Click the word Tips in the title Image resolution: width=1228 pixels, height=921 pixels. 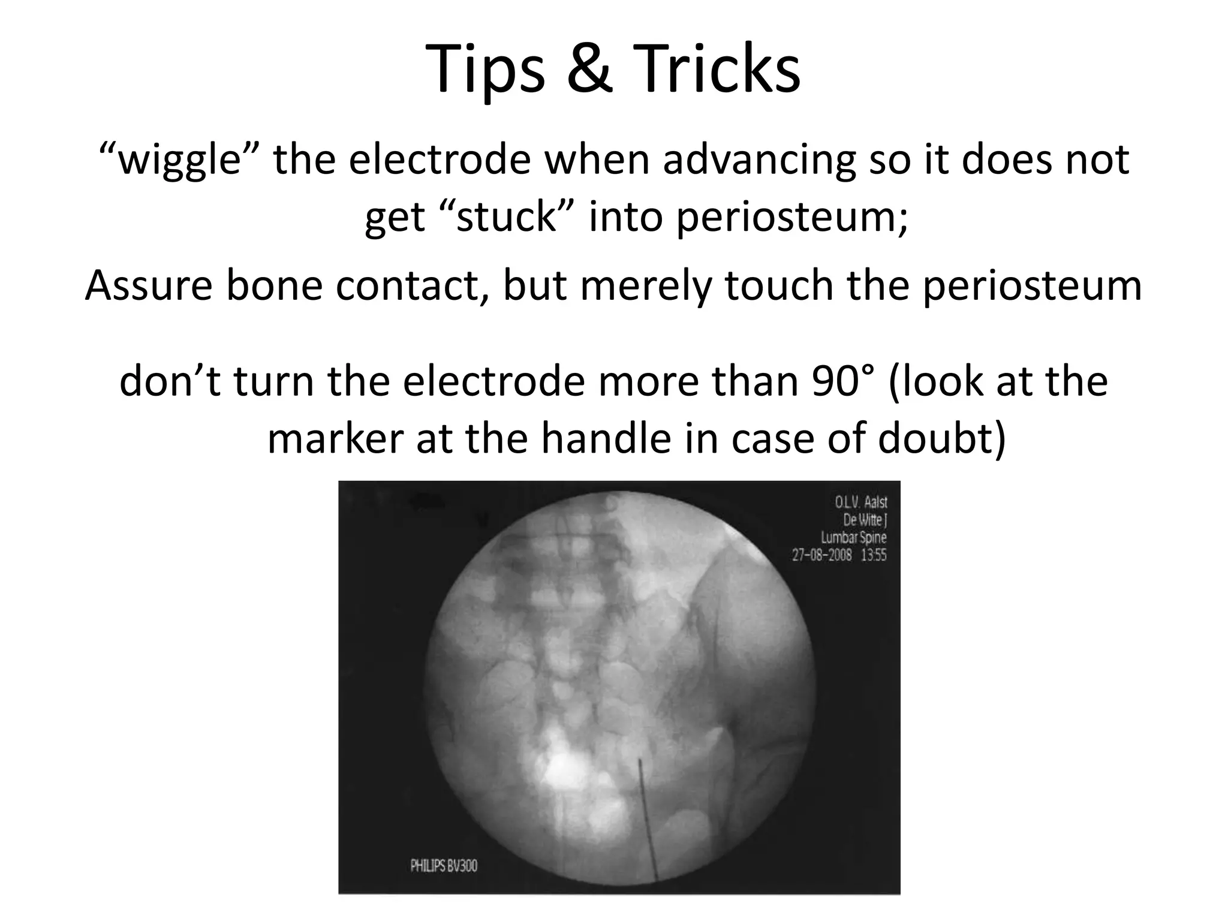pos(485,70)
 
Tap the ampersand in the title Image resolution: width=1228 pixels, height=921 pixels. pos(590,70)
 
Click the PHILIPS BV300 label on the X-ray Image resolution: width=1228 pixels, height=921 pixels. pos(444,866)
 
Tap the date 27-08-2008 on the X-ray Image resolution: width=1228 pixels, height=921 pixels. pos(821,555)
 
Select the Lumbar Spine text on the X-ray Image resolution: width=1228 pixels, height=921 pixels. pos(853,537)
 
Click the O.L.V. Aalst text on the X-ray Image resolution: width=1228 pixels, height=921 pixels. pos(860,502)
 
